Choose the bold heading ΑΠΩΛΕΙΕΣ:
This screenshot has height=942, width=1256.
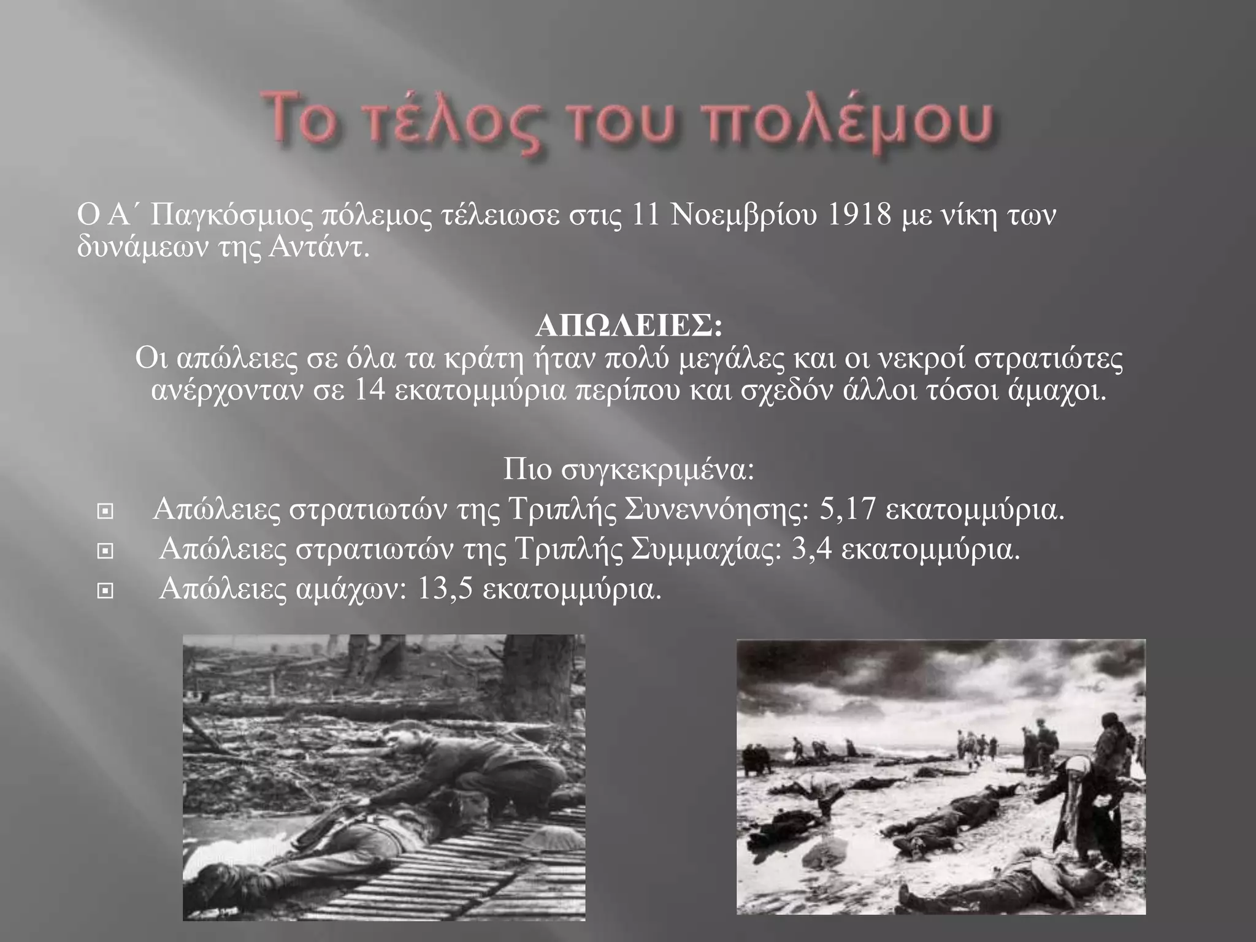[x=629, y=327]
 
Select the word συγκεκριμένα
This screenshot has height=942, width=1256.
[x=665, y=470]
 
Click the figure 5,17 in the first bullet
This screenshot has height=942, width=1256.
[x=846, y=510]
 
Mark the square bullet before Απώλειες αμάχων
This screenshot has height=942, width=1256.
[x=105, y=591]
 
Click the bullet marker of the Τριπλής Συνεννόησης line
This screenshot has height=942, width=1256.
[x=105, y=511]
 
